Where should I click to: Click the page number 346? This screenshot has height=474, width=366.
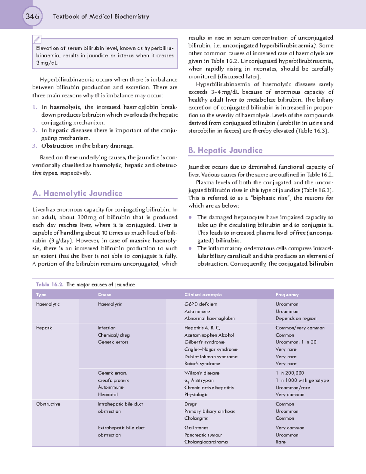click(32, 16)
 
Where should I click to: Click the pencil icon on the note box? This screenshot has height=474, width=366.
click(37, 39)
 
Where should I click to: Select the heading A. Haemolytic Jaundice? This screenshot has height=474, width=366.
click(77, 193)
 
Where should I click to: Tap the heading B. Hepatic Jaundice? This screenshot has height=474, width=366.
click(225, 150)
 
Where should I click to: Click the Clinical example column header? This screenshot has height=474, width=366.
click(203, 295)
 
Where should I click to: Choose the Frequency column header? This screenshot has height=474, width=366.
click(287, 295)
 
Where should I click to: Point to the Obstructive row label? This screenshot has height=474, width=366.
click(48, 404)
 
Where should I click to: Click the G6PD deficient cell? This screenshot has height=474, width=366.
click(200, 304)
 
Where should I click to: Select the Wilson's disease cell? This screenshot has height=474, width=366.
click(202, 373)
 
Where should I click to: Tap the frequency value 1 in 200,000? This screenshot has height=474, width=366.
click(290, 373)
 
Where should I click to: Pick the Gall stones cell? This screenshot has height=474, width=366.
click(196, 428)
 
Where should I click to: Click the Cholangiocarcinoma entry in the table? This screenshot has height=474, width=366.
click(206, 442)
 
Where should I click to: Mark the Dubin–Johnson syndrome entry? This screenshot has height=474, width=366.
click(211, 356)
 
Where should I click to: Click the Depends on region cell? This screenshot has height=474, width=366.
click(296, 318)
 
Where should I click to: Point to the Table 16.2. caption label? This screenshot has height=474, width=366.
click(49, 284)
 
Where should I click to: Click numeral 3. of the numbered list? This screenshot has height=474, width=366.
click(35, 146)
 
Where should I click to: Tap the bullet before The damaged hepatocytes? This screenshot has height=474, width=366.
click(190, 217)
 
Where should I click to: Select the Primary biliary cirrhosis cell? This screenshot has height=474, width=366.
click(210, 411)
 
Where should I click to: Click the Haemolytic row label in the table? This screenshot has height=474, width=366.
click(48, 304)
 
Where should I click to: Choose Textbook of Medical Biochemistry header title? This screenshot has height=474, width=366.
click(101, 16)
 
